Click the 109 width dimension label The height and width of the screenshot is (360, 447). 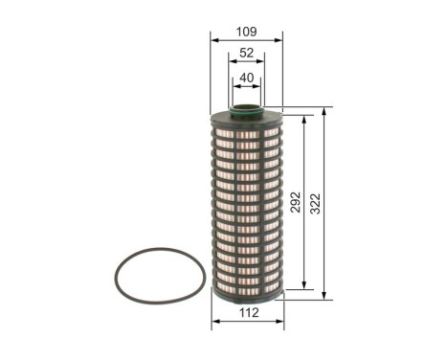[247, 31]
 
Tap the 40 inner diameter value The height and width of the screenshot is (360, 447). [247, 79]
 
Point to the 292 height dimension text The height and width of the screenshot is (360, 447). [297, 202]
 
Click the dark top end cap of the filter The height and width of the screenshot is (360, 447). [247, 117]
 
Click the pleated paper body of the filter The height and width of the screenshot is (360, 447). [247, 201]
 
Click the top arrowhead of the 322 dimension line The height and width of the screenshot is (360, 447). [325, 111]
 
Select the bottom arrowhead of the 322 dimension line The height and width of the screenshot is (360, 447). [325, 295]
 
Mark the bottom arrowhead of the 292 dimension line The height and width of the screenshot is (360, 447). [305, 284]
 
